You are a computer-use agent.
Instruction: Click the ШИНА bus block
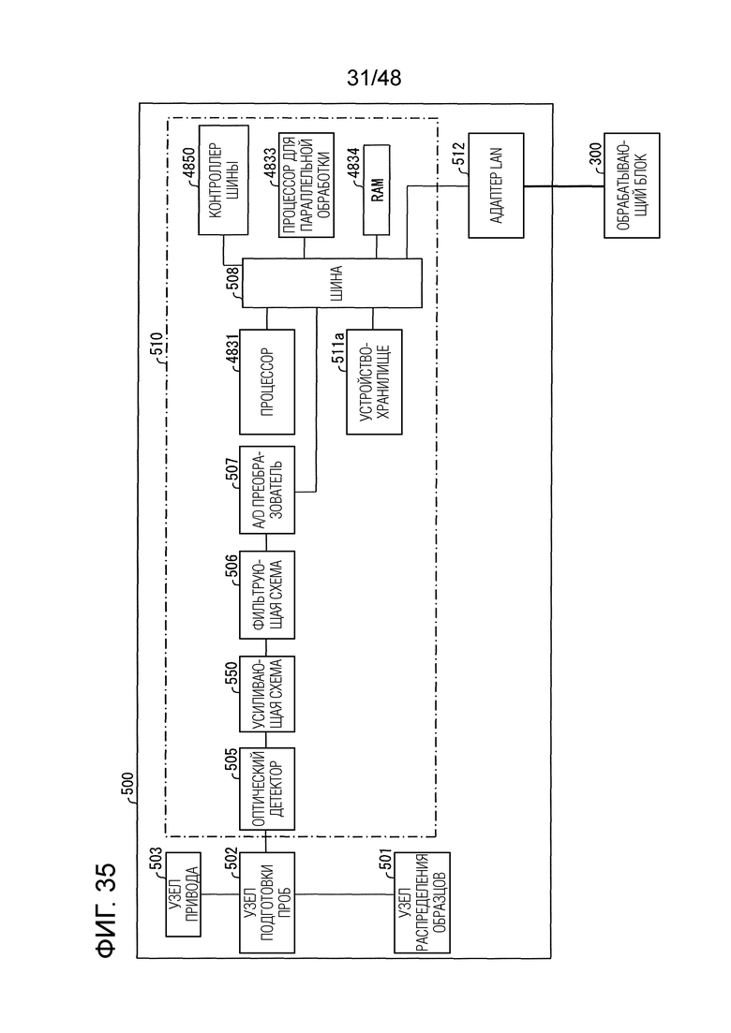332,283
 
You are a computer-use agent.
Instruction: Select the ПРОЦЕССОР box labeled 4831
267,381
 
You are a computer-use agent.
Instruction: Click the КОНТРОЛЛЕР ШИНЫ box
223,180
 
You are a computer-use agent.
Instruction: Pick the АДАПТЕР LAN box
497,185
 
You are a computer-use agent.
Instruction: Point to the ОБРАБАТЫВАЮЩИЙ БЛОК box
632,185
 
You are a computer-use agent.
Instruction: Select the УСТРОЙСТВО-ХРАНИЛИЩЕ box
374,381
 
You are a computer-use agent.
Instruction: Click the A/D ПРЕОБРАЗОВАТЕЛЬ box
267,490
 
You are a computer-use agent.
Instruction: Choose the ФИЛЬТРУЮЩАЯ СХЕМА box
267,595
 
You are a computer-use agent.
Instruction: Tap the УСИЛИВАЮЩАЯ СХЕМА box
267,694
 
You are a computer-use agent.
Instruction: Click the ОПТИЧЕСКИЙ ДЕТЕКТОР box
267,789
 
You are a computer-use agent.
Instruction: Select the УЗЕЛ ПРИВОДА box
184,894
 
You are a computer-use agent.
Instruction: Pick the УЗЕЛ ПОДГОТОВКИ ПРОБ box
267,903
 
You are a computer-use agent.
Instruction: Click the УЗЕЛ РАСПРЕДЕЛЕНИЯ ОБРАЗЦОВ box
422,903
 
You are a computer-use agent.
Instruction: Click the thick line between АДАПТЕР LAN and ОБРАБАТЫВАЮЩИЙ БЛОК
564,185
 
